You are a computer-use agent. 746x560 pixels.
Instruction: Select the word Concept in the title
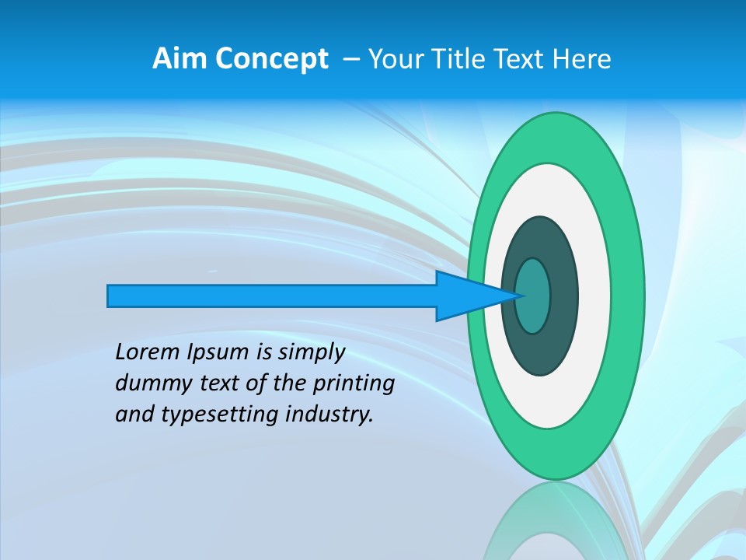271,59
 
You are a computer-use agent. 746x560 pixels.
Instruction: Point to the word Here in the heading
583,59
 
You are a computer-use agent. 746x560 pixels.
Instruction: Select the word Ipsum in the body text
220,352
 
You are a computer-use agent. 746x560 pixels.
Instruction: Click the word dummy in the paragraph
150,383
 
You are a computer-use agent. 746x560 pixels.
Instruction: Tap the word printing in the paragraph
354,383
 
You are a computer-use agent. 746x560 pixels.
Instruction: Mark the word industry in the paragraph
331,415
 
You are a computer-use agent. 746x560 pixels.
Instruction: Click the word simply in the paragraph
311,352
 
